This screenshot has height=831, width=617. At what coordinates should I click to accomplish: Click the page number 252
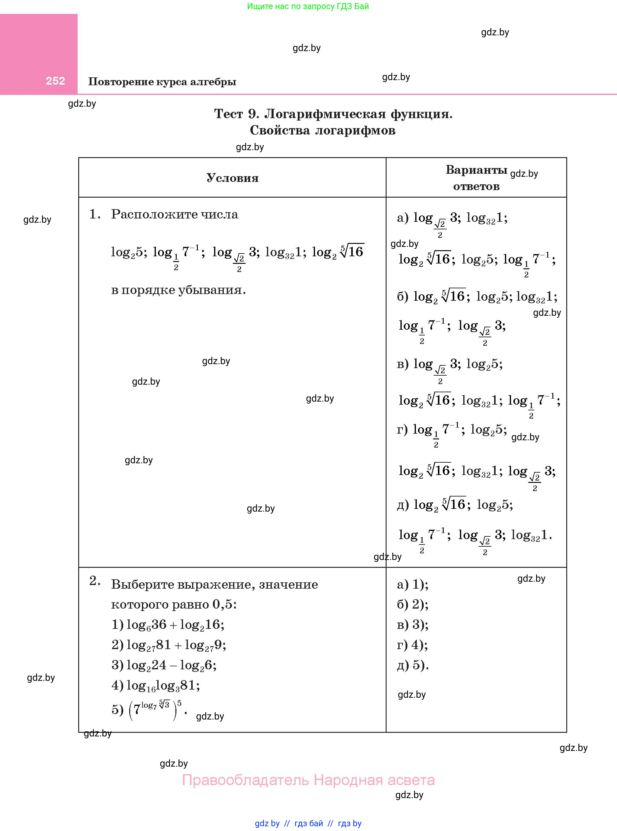55,81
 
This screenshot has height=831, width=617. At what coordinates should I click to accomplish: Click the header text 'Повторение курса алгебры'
162,82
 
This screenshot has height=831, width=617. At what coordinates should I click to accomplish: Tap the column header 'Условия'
232,178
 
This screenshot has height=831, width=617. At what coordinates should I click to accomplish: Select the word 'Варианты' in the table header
476,170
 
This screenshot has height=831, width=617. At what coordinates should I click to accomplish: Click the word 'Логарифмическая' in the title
325,114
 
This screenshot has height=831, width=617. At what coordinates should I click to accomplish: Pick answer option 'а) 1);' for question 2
412,584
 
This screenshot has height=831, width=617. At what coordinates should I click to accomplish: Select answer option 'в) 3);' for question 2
412,625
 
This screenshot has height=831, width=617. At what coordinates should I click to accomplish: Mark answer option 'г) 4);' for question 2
412,645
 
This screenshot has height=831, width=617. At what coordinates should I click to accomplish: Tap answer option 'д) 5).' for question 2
412,665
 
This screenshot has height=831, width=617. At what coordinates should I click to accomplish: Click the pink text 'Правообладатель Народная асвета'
308,780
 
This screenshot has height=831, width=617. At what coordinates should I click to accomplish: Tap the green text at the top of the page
308,6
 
